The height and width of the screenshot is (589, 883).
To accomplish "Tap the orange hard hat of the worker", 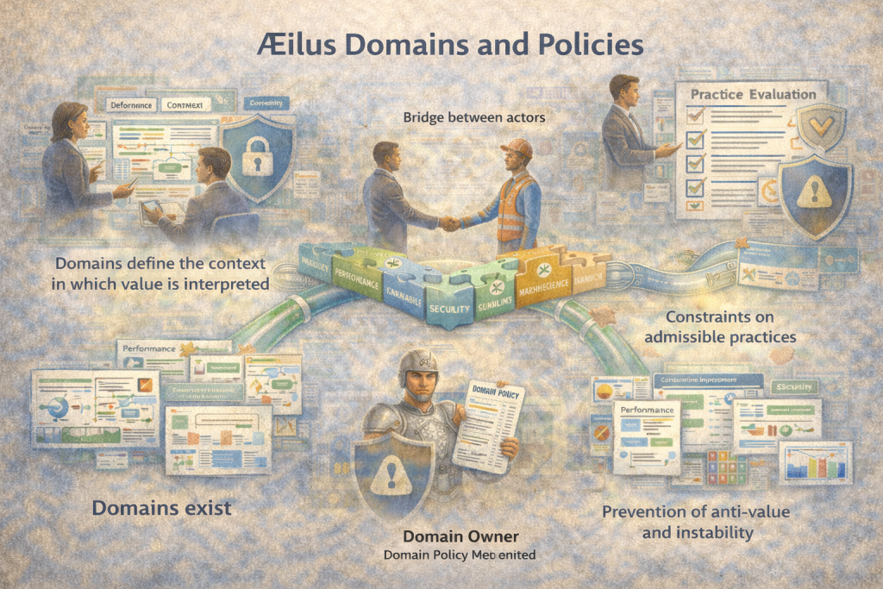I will [516, 147].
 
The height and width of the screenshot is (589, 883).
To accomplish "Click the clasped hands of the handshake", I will [449, 222].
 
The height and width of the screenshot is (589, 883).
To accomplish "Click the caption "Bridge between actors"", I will [474, 116].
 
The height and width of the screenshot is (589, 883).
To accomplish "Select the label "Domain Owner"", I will [460, 536].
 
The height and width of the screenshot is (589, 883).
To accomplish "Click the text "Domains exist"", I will [161, 508].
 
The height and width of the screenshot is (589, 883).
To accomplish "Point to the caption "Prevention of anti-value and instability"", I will [697, 522].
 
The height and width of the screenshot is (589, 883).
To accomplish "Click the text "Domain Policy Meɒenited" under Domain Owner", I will [460, 555].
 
